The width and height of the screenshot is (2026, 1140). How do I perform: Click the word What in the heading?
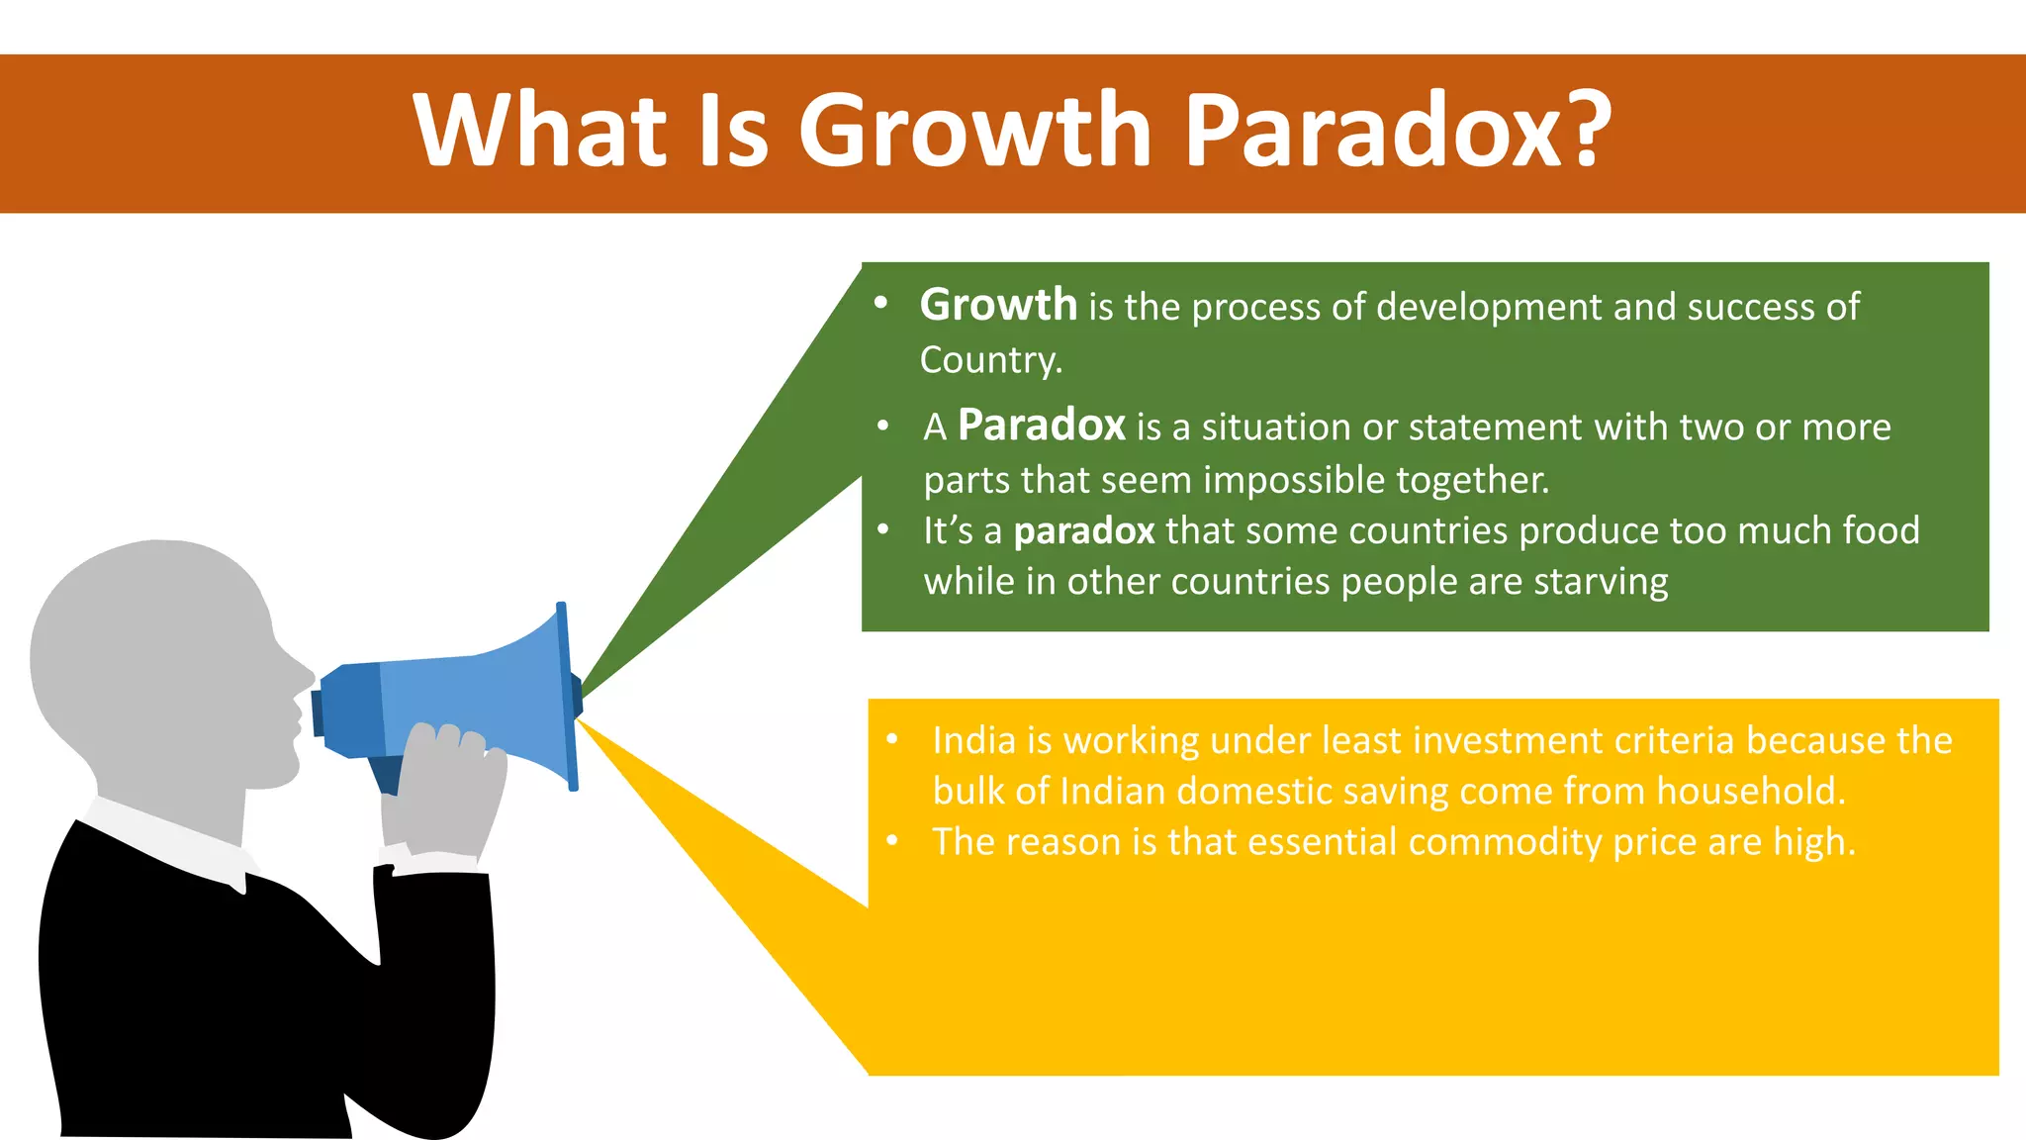click(540, 131)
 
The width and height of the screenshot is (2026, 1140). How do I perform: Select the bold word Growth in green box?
click(997, 305)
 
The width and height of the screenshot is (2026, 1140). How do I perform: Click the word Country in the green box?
click(988, 360)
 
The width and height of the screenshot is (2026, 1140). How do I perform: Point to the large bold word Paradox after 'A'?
click(1041, 426)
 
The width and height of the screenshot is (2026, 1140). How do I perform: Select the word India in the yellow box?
click(973, 740)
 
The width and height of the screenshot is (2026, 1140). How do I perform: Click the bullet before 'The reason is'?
click(892, 841)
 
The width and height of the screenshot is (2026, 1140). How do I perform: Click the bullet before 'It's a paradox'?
click(883, 529)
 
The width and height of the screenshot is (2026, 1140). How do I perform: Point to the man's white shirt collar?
click(168, 841)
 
